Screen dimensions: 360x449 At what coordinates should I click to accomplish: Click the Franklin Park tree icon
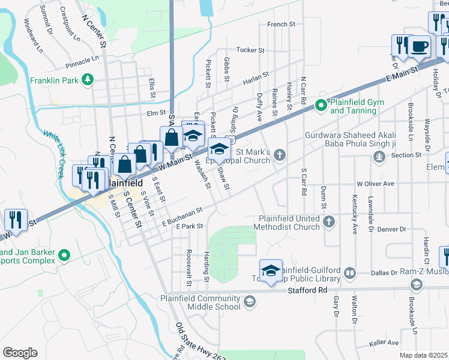tap(88, 79)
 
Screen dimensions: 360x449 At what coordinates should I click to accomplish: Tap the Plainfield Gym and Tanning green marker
tap(321, 106)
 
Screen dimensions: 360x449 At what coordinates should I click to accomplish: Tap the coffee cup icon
tap(420, 47)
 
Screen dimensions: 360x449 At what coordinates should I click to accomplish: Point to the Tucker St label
tap(250, 50)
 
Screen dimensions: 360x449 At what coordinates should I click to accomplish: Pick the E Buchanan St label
tap(184, 216)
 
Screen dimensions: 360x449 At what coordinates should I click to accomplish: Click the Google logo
tap(20, 353)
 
